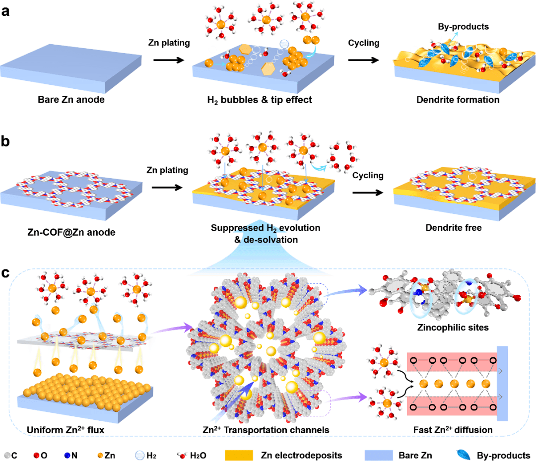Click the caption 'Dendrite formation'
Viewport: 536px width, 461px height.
458,100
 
